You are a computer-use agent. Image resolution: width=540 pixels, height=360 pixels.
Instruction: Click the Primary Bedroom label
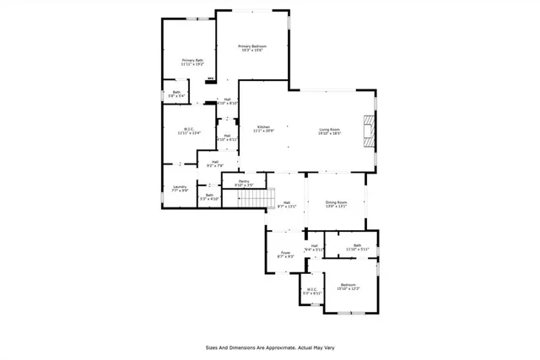coord(251,48)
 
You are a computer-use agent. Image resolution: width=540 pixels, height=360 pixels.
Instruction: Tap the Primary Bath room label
coord(192,62)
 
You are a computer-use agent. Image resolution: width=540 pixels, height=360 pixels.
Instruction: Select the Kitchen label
coord(263,128)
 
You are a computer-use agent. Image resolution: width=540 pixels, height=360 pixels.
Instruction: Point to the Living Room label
coord(329,131)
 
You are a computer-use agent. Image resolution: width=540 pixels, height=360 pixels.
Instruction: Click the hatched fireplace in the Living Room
coord(367,130)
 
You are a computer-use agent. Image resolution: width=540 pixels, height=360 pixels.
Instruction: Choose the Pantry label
coord(243,183)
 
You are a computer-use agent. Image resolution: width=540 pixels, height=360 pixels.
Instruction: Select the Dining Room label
coord(337,204)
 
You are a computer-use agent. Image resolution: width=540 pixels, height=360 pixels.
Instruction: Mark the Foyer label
coord(285,254)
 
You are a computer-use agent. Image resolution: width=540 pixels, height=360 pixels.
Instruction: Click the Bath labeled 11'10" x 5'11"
coord(352,246)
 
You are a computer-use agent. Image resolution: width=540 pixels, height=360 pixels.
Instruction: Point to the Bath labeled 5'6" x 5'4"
coord(177,94)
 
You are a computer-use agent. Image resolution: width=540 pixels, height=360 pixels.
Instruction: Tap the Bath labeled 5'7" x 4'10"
coord(209,196)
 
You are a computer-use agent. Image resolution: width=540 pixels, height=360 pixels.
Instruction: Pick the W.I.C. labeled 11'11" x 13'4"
coord(189,131)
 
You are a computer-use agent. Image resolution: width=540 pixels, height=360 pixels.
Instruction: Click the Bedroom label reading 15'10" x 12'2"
coord(348,287)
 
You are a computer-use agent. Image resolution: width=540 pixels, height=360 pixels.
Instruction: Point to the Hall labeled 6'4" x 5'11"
coord(314,248)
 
